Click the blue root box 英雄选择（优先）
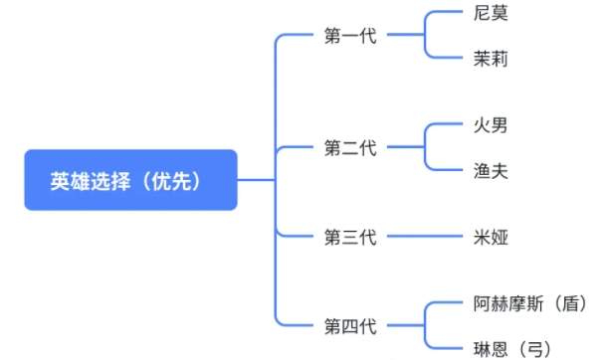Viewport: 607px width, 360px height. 130,180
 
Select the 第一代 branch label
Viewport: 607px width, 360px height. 350,37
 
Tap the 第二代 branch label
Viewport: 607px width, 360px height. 350,148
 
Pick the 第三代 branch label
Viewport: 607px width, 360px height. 350,237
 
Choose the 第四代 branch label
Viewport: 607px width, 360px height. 350,325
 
